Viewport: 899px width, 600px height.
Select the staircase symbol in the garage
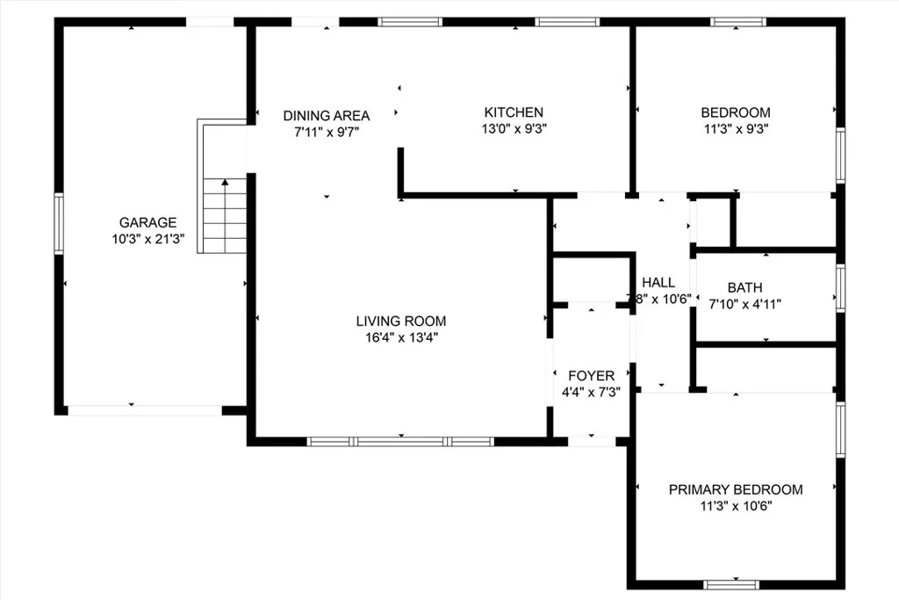[225, 215]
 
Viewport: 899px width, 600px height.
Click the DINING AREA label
[326, 115]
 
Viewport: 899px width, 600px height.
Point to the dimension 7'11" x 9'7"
[326, 131]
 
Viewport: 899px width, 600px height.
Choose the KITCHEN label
[514, 112]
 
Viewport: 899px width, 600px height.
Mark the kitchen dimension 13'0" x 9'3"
[514, 127]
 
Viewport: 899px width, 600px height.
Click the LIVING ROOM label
[400, 321]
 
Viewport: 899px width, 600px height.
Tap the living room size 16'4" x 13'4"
[400, 336]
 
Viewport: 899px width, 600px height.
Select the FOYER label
[591, 376]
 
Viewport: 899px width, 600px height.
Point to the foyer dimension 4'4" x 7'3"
[591, 392]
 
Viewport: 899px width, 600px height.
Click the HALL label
[658, 282]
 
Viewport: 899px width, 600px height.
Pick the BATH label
[744, 287]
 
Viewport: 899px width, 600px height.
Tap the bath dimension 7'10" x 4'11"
[744, 303]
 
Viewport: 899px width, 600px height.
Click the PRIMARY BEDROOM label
[736, 489]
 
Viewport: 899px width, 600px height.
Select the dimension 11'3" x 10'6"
[736, 505]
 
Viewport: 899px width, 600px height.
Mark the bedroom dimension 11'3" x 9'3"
[736, 127]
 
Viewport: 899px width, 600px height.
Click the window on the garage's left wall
[59, 224]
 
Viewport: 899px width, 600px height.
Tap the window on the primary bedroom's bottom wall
[731, 583]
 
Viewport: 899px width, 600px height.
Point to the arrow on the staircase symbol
[225, 184]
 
